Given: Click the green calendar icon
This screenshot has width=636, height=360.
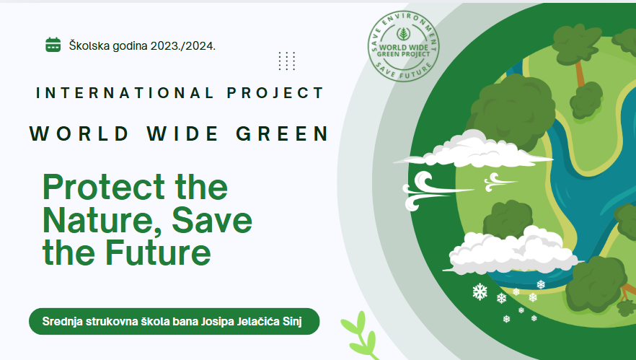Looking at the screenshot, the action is [53, 45].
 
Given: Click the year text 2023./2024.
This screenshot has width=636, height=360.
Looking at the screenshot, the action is [183, 46].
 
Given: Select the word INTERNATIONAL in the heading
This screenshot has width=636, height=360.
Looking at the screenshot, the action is [125, 93].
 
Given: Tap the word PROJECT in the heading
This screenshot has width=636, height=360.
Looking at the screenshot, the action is [275, 93].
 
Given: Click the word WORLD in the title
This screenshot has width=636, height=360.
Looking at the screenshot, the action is [79, 133].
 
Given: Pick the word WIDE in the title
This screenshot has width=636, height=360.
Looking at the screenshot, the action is [183, 133].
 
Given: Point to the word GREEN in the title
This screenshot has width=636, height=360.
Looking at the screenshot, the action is [283, 133].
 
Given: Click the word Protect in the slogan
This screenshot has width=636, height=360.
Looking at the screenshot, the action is [103, 187].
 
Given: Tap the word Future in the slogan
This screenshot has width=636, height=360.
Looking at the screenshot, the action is [158, 253].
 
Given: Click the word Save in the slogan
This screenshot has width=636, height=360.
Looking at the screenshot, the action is [212, 220].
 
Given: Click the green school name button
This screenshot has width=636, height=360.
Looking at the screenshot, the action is [174, 322].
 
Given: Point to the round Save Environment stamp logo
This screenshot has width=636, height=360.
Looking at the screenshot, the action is [403, 46].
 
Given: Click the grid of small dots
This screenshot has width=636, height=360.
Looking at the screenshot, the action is [287, 61].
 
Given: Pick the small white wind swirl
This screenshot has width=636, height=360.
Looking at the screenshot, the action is [500, 183].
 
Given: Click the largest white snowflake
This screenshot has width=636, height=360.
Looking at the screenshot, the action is [480, 291].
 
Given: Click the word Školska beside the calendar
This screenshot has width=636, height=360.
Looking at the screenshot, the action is [89, 45].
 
